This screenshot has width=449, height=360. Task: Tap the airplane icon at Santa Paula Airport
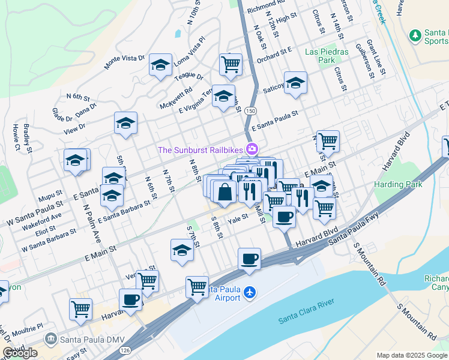pyautogui.click(x=250, y=293)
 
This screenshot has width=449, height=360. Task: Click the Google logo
pyautogui.click(x=20, y=353)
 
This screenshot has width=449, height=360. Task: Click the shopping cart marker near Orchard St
pyautogui.click(x=231, y=64)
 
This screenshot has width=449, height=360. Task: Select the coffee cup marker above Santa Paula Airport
pyautogui.click(x=249, y=259)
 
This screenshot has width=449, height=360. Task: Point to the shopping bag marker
pyautogui.click(x=224, y=193)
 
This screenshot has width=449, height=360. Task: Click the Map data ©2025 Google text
pyautogui.click(x=412, y=355)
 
